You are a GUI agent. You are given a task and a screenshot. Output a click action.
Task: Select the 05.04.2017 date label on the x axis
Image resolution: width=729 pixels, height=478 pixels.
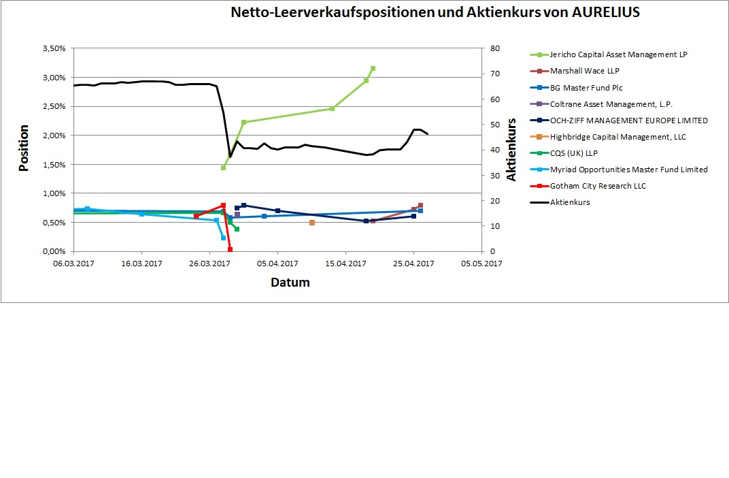coord(277,264)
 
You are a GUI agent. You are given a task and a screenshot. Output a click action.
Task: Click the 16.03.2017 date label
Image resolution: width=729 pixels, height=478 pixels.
coord(141,264)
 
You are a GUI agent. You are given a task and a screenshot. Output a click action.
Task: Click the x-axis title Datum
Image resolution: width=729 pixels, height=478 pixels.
coord(290,282)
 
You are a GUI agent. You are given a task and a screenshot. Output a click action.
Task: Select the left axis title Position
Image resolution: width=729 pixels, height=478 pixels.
coord(24,148)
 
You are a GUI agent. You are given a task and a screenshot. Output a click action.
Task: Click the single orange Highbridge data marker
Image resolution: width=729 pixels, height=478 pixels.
coord(312,223)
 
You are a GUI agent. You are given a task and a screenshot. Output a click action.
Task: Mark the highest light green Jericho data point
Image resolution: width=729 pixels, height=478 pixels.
coord(373,69)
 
